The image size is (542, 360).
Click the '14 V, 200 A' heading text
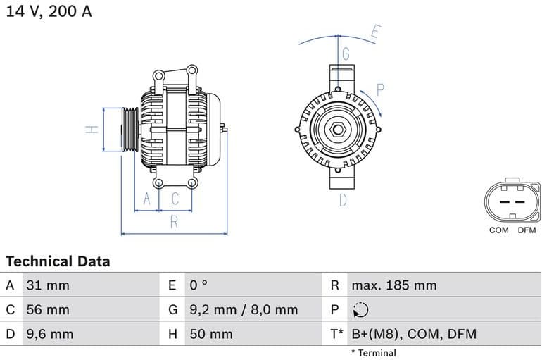point(49,11)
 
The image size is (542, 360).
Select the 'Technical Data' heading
point(58,261)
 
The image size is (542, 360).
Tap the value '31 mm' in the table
point(48,285)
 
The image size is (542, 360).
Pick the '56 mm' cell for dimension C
point(48,309)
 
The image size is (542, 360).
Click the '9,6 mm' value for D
point(49,334)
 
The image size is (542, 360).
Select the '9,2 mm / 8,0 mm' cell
point(244,309)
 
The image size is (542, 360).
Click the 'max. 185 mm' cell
point(394,285)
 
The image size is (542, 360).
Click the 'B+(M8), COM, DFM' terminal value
point(414,334)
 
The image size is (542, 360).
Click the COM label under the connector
point(498,230)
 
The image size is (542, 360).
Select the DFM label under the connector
point(527,230)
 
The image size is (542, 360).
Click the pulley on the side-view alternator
point(130,130)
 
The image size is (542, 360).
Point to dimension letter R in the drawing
point(174,223)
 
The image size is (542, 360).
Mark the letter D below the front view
point(343,200)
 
